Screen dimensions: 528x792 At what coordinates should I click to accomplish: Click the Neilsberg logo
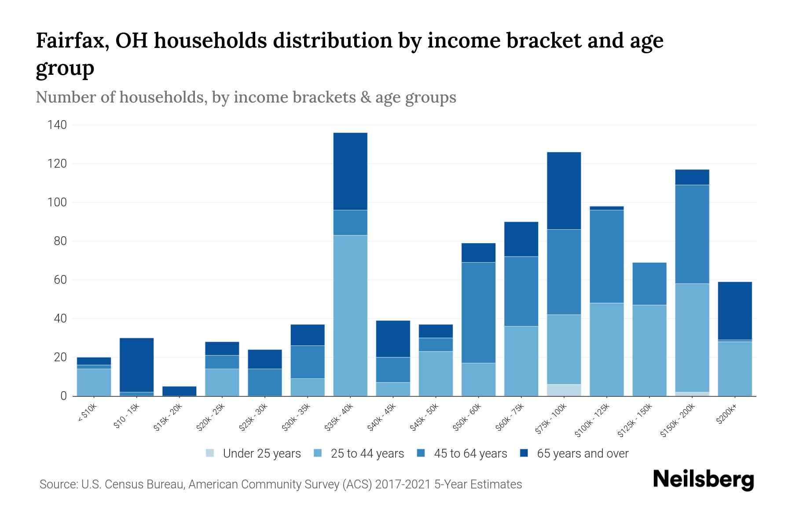703,480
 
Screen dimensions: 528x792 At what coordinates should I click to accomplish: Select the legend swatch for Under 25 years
210,453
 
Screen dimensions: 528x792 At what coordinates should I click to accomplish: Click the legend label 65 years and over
583,454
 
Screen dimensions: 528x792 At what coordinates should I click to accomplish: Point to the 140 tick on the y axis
57,125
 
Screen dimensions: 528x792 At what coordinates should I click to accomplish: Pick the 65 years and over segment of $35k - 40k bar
350,171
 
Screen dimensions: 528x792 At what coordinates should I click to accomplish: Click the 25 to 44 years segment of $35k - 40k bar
350,315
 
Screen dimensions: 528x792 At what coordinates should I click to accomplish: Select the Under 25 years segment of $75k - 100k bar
564,390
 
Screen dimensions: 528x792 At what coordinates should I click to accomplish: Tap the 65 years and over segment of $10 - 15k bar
136,365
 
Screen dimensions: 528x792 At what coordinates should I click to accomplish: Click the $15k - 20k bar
179,391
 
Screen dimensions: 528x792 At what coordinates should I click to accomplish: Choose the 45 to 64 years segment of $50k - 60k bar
478,312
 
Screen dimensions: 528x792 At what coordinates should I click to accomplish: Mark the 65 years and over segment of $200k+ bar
734,311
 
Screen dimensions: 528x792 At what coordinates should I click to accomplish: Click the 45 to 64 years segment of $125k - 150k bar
649,284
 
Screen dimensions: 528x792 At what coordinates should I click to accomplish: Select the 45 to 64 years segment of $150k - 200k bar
692,234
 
